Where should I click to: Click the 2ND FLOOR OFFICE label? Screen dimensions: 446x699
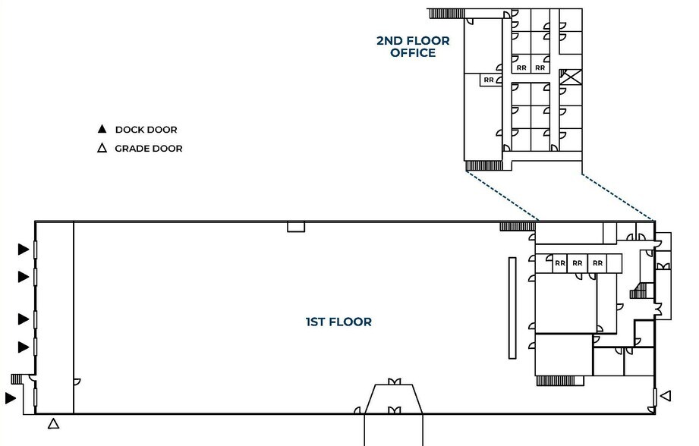pos(413,47)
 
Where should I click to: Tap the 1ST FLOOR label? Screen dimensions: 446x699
pos(338,322)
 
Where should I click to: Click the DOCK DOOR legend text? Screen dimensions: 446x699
pos(146,130)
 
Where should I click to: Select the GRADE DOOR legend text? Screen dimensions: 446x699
pos(149,149)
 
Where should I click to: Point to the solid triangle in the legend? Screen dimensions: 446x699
pos(102,130)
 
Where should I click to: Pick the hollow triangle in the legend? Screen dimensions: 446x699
pos(102,149)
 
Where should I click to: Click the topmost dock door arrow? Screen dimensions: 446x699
pos(24,249)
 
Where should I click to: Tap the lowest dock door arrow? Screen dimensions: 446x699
pos(11,397)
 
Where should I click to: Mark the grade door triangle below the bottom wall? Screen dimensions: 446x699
pos(53,424)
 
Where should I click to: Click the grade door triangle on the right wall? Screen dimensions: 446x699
pos(666,395)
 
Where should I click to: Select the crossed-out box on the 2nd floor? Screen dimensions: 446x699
pos(570,77)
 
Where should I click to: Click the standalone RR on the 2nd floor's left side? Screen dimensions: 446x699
pos(489,80)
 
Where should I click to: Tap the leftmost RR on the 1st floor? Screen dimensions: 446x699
pos(560,263)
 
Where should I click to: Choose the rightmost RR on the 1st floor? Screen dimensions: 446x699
pos(597,263)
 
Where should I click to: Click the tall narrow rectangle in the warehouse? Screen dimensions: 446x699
pos(512,307)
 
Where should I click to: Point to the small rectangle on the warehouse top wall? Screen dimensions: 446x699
pos(295,227)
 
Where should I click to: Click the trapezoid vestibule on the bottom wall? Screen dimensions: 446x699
pos(393,400)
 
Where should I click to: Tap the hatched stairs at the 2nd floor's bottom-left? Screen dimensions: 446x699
pos(483,165)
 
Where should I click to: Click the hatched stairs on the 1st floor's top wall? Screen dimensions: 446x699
pos(517,226)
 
